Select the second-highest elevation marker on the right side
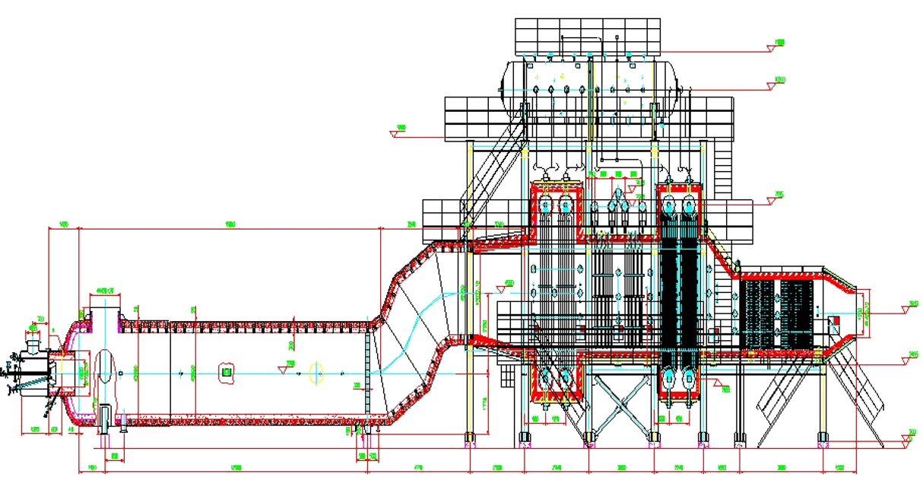pos(777,81)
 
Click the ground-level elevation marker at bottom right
pos(912,434)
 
